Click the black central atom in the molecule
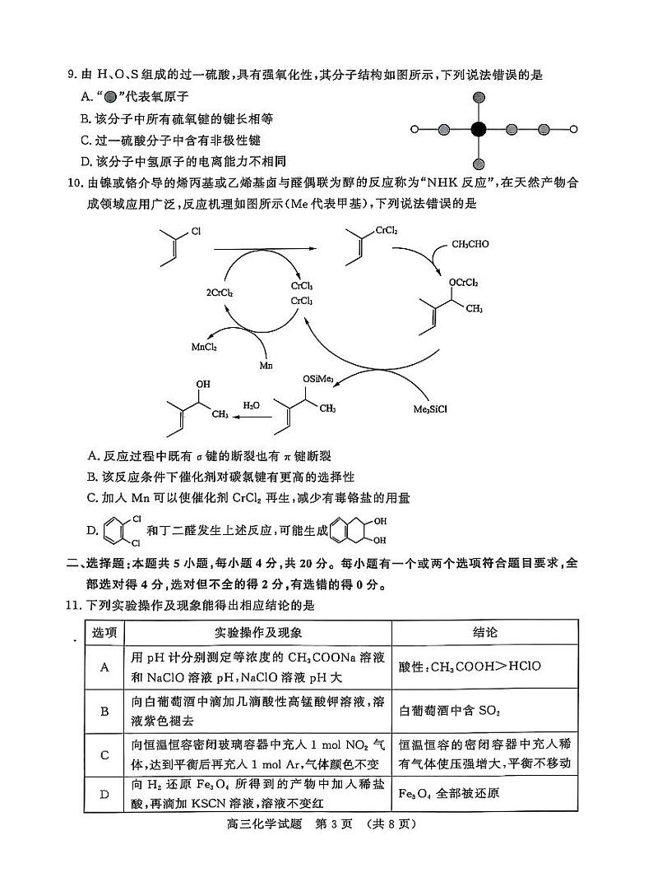(x=479, y=129)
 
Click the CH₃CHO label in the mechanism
(x=470, y=244)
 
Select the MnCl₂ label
(x=203, y=347)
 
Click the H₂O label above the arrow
(x=251, y=405)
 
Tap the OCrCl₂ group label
(x=462, y=283)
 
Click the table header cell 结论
(x=484, y=633)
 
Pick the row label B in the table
(x=104, y=711)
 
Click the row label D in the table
(x=104, y=794)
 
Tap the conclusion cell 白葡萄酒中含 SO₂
(x=450, y=711)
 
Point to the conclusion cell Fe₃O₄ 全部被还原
(x=450, y=794)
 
